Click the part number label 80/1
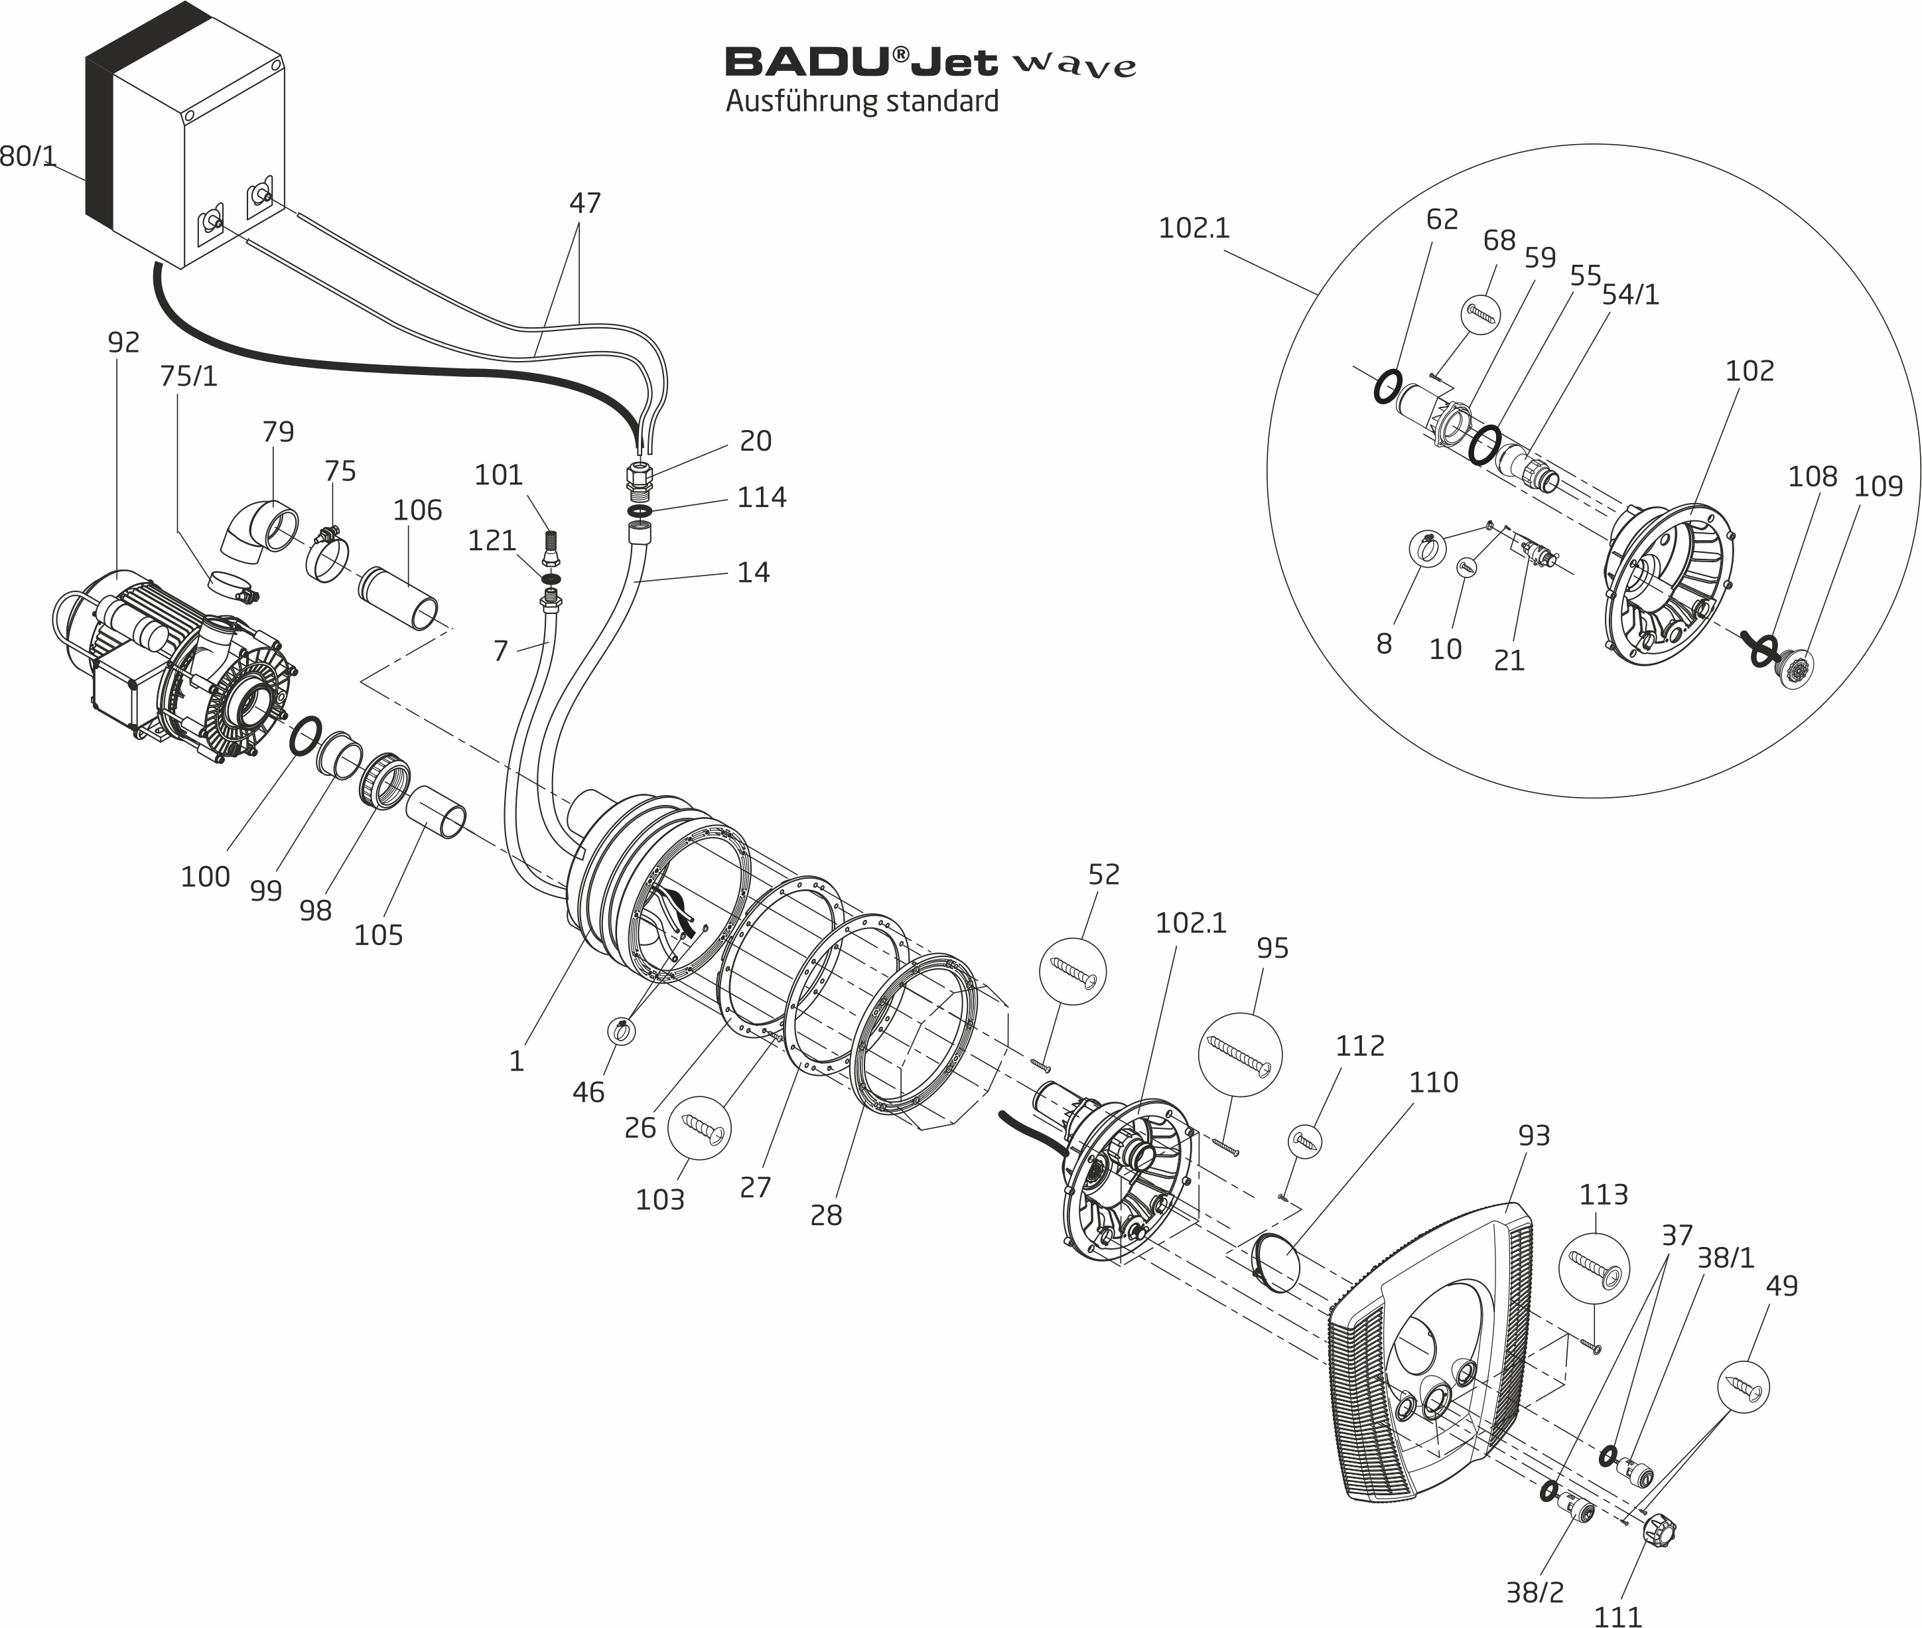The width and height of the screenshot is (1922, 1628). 28,156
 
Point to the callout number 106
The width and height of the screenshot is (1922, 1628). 417,510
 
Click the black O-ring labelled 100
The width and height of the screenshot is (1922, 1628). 305,735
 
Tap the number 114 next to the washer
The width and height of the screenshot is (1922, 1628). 761,498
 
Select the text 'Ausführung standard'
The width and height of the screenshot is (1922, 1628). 862,101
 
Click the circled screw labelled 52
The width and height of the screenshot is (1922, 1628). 1072,972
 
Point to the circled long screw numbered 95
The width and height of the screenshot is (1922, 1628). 1240,1055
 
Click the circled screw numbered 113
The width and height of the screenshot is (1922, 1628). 1594,1268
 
